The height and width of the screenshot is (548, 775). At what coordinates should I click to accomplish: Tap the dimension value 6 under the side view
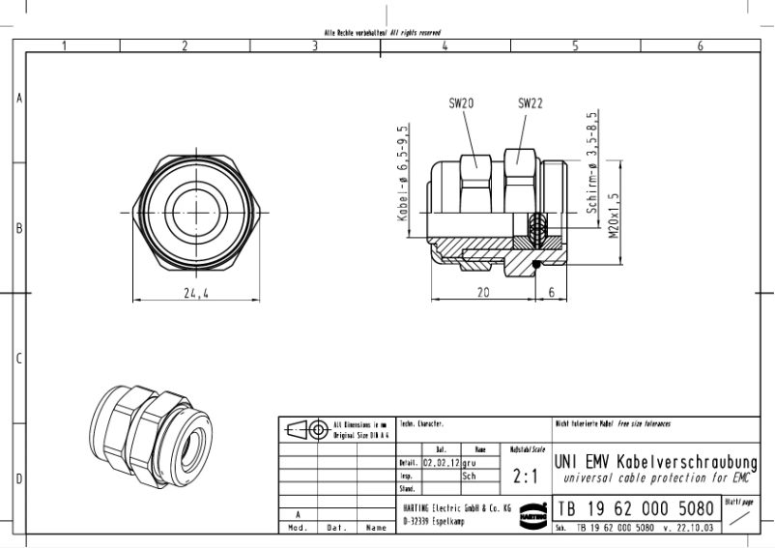[551, 292]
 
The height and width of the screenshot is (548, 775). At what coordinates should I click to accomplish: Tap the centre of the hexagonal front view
[197, 208]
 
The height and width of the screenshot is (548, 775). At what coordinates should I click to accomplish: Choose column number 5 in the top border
[574, 45]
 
